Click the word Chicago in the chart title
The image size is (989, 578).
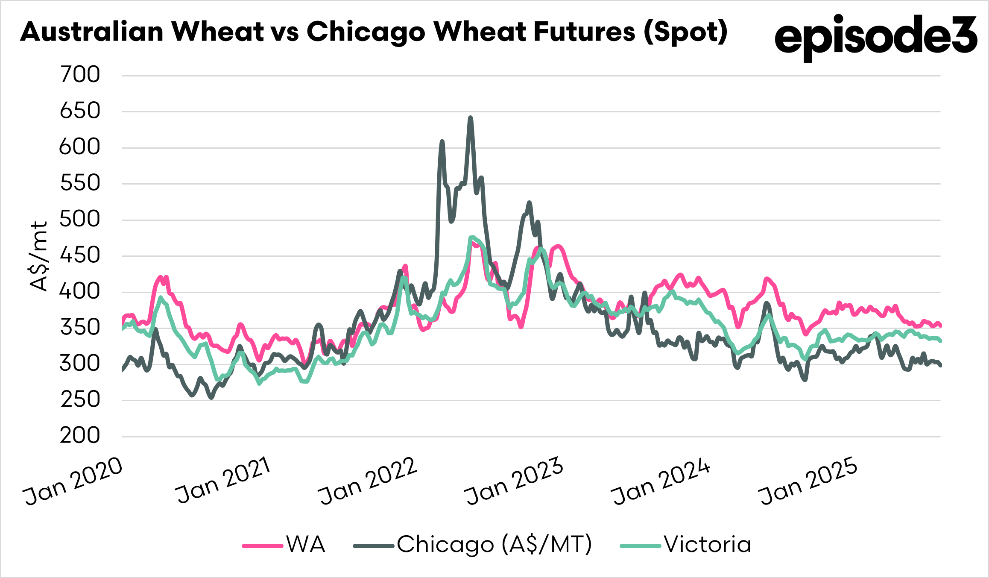point(366,32)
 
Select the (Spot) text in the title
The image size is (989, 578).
point(685,32)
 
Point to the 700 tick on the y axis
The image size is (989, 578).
point(80,75)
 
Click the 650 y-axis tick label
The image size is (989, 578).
point(80,111)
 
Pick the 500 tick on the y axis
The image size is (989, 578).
point(80,220)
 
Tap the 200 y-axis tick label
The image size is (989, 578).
point(80,436)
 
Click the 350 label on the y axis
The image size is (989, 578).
point(80,328)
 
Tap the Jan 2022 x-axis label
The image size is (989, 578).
point(368,481)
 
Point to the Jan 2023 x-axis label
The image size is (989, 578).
point(514,481)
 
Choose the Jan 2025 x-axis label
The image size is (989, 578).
point(808,481)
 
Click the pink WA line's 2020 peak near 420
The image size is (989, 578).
point(161,277)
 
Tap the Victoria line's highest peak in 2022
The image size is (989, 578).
point(471,237)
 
